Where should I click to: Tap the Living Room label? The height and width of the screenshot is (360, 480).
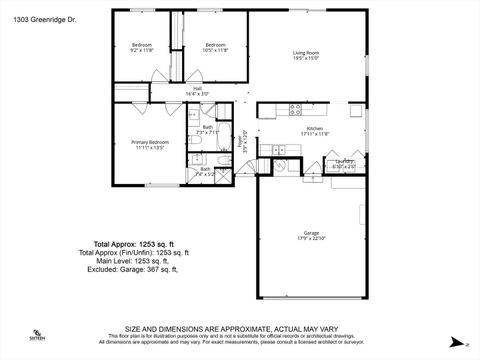click(x=305, y=55)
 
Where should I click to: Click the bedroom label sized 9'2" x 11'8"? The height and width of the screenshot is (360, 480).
click(x=142, y=47)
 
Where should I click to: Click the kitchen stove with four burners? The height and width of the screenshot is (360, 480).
click(x=295, y=108)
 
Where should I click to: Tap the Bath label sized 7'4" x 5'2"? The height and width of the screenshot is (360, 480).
click(x=205, y=171)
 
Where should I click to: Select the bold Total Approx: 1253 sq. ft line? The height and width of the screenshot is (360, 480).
click(x=134, y=244)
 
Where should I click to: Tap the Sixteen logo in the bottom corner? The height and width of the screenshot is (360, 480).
click(x=37, y=336)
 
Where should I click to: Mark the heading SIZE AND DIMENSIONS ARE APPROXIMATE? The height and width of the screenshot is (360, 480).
click(x=240, y=328)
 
